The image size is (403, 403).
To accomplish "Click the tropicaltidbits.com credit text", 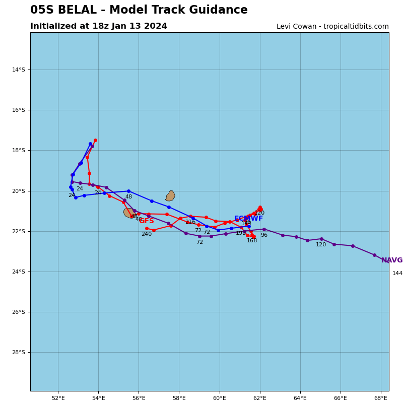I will [x=332, y=27].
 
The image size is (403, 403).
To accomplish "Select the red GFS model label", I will [x=147, y=221].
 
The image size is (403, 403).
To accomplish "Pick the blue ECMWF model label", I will [x=248, y=219].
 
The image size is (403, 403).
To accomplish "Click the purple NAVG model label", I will [x=392, y=260].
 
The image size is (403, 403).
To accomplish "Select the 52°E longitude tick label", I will [x=58, y=398].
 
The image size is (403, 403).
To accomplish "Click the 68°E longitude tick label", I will [x=381, y=398].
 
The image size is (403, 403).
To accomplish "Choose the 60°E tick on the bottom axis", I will [x=220, y=398].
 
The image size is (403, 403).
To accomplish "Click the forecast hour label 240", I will [x=146, y=234].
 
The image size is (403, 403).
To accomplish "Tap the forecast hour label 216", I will [x=190, y=222].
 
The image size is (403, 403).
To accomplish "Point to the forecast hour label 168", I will [x=252, y=241].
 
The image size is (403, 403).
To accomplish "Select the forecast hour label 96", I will [x=264, y=235].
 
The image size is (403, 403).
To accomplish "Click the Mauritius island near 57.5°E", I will [x=170, y=196].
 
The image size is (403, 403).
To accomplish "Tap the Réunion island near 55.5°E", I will [x=129, y=213].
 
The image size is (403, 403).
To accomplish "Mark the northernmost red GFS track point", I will [x=95, y=141].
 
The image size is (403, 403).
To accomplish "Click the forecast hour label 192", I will [x=241, y=233].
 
